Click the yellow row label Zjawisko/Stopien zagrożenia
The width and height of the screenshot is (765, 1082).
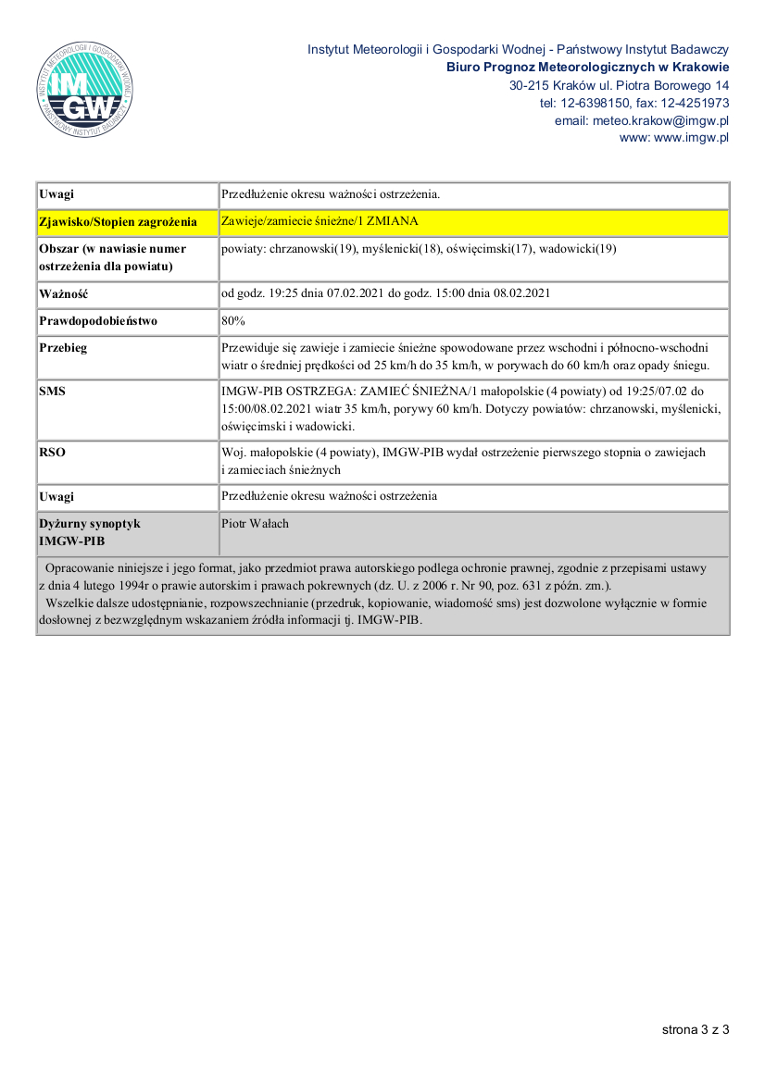118,223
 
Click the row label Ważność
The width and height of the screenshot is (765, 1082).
63,294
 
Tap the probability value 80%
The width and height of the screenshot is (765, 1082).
232,321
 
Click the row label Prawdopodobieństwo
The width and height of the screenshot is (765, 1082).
98,321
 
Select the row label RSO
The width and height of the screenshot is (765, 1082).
53,453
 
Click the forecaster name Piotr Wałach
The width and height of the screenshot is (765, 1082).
256,524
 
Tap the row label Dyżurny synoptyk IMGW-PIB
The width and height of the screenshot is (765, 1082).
89,531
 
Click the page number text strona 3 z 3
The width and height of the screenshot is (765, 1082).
696,1029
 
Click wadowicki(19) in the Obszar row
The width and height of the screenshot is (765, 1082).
577,249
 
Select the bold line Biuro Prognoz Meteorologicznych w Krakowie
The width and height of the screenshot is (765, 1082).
587,67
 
